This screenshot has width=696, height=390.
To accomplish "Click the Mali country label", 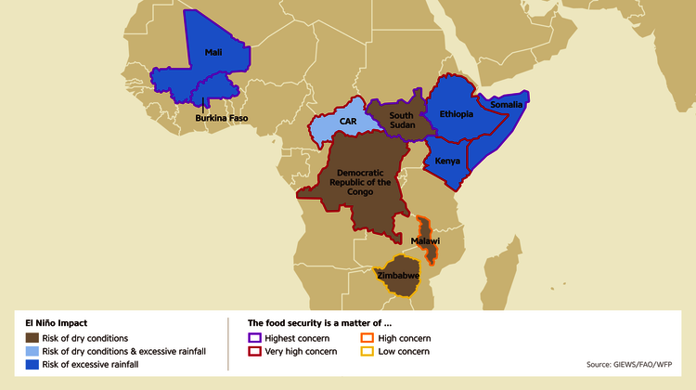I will [x=213, y=53].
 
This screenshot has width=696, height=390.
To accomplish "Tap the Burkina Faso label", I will [x=221, y=118].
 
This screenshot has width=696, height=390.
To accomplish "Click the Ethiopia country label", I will [x=457, y=114].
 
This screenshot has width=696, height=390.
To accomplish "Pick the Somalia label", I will [x=508, y=105].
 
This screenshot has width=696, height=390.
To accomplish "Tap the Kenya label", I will [x=448, y=161].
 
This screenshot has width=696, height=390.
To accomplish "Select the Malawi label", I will [x=425, y=240].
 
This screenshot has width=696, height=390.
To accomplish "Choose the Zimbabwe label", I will [x=398, y=276].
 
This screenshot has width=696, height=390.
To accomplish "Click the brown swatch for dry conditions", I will [x=32, y=338].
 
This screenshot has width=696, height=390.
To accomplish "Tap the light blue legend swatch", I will [x=32, y=351].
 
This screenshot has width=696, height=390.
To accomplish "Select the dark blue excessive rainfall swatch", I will [x=32, y=364].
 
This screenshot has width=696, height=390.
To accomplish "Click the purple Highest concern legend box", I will [x=254, y=338].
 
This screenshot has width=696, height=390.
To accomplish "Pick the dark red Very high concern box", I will [x=254, y=351].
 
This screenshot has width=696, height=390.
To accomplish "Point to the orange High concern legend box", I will [x=367, y=338].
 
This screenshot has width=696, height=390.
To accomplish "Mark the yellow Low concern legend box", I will [x=367, y=351].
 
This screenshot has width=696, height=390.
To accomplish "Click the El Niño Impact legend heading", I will [x=57, y=323].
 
